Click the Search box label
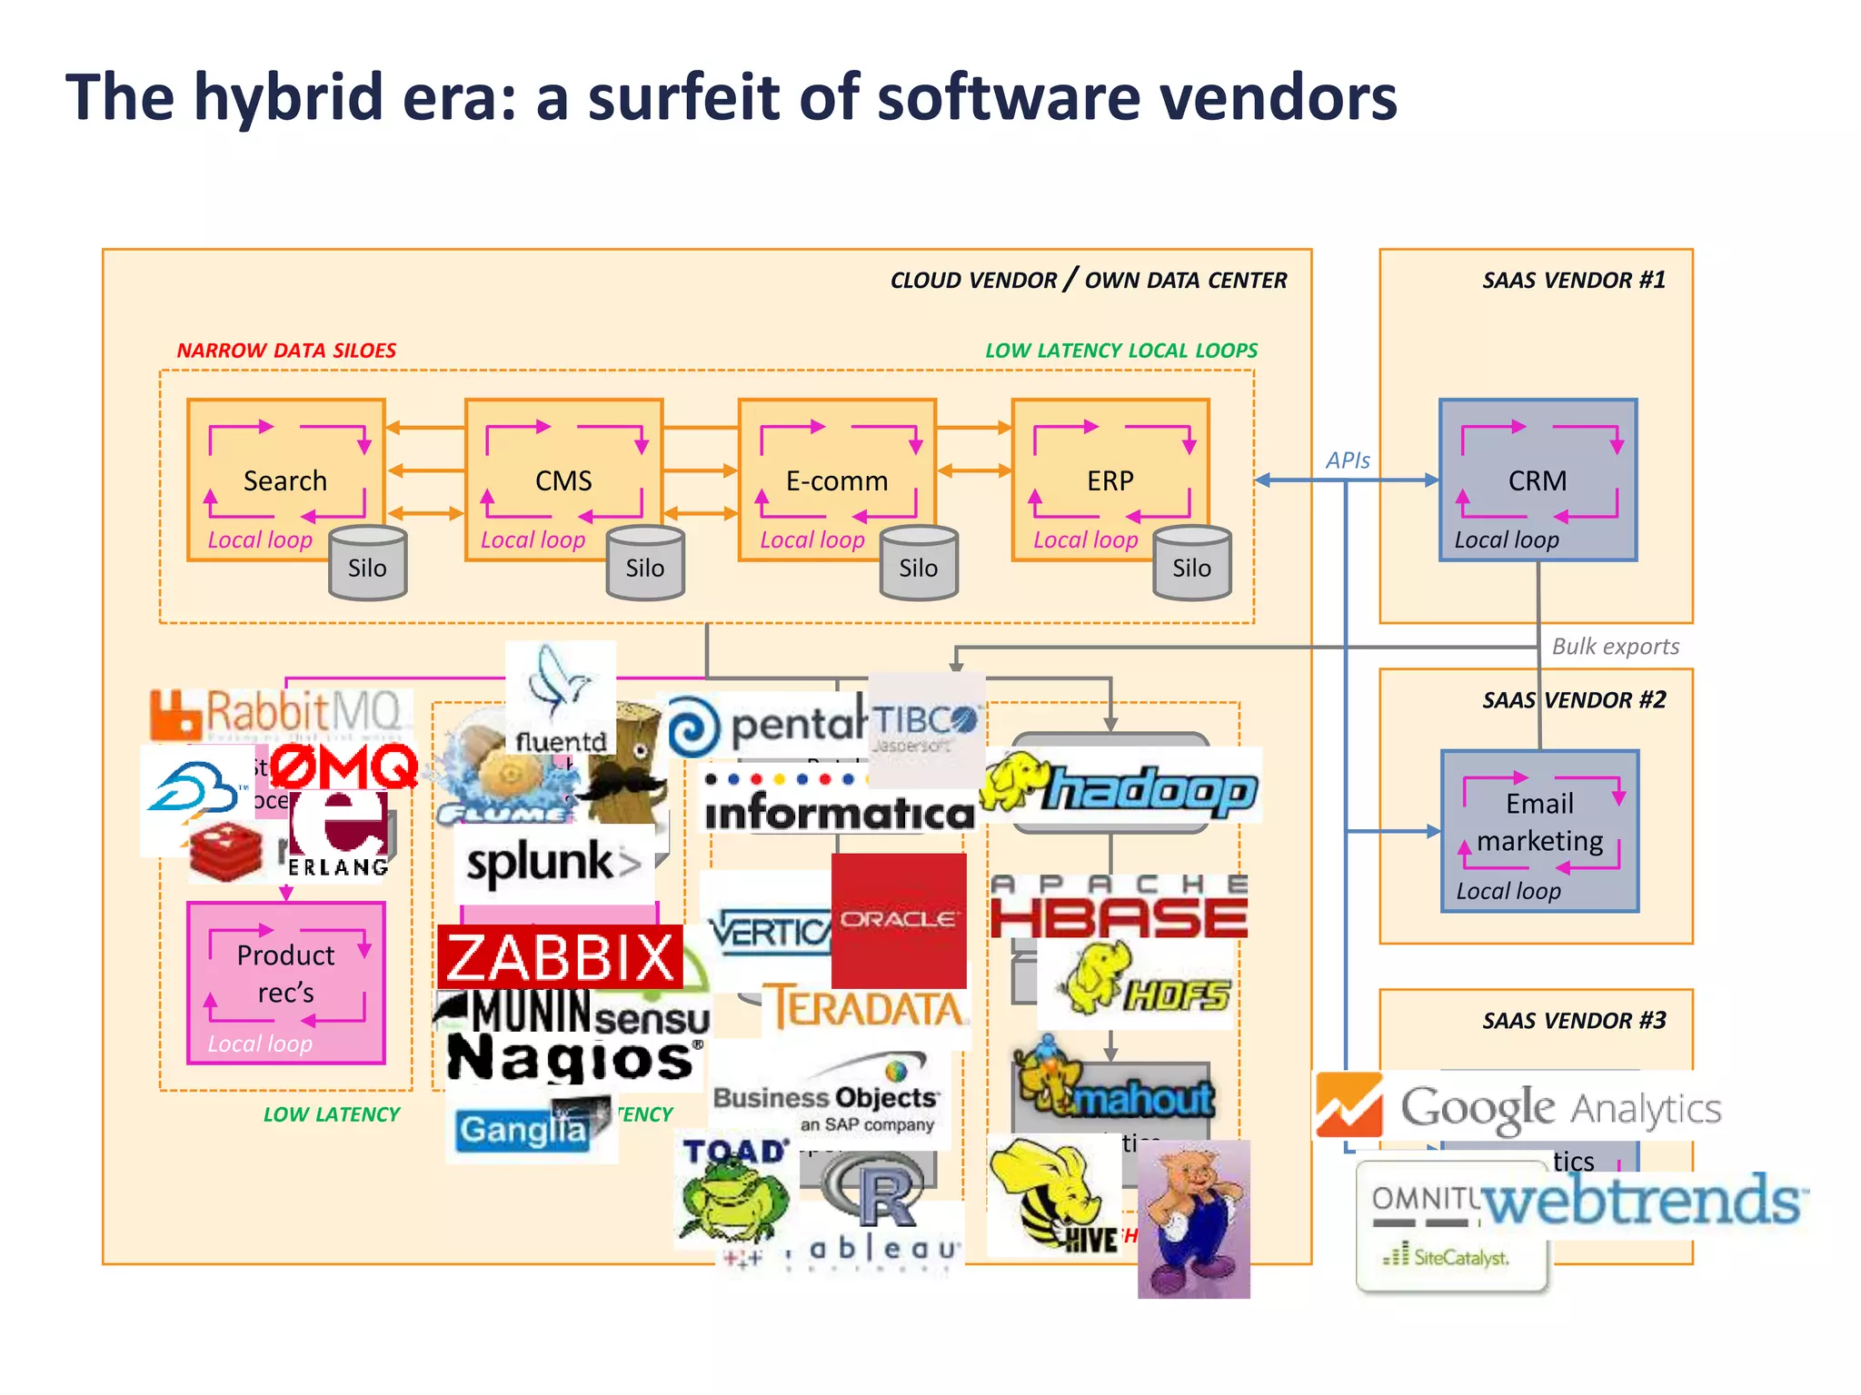click(284, 480)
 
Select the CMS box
click(563, 480)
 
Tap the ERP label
click(1110, 480)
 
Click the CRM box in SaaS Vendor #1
click(1538, 480)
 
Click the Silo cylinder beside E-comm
click(918, 565)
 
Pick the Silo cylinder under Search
click(367, 565)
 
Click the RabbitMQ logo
click(277, 713)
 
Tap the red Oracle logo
click(898, 920)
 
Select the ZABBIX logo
click(560, 957)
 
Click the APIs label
click(1348, 460)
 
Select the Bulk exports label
click(1615, 647)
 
